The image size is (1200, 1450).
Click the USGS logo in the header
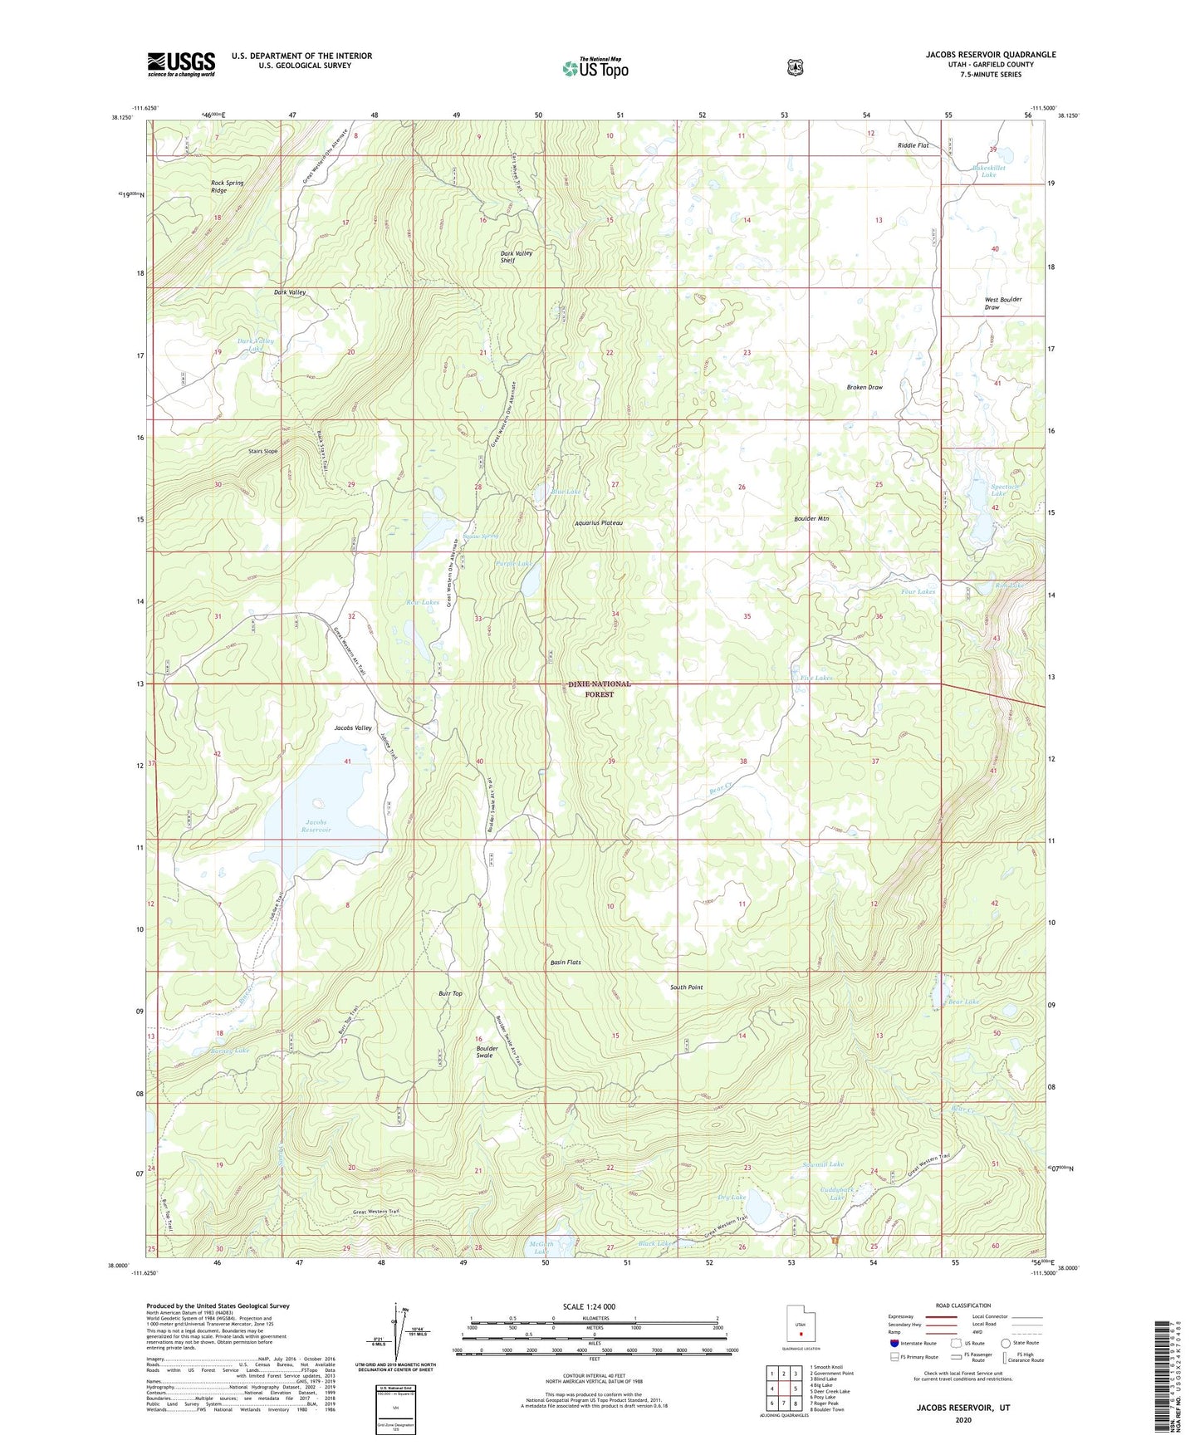181,64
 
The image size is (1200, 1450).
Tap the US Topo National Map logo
595,66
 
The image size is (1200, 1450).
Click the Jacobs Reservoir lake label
316,825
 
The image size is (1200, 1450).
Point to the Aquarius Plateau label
598,523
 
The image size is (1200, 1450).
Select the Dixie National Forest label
599,688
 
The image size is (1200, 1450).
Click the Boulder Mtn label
811,518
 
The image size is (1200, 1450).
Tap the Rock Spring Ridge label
227,186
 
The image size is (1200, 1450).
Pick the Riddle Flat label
913,145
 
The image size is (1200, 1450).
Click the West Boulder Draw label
1002,303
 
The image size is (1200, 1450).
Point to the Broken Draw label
864,387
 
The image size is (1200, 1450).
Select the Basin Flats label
566,963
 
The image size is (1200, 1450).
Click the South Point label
686,987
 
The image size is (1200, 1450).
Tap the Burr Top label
450,993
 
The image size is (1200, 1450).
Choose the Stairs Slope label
262,451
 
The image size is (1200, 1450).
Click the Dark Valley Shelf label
516,257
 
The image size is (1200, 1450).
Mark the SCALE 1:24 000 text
589,1306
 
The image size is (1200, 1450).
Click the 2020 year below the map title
963,1419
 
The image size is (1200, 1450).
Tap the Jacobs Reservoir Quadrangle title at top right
991,55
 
